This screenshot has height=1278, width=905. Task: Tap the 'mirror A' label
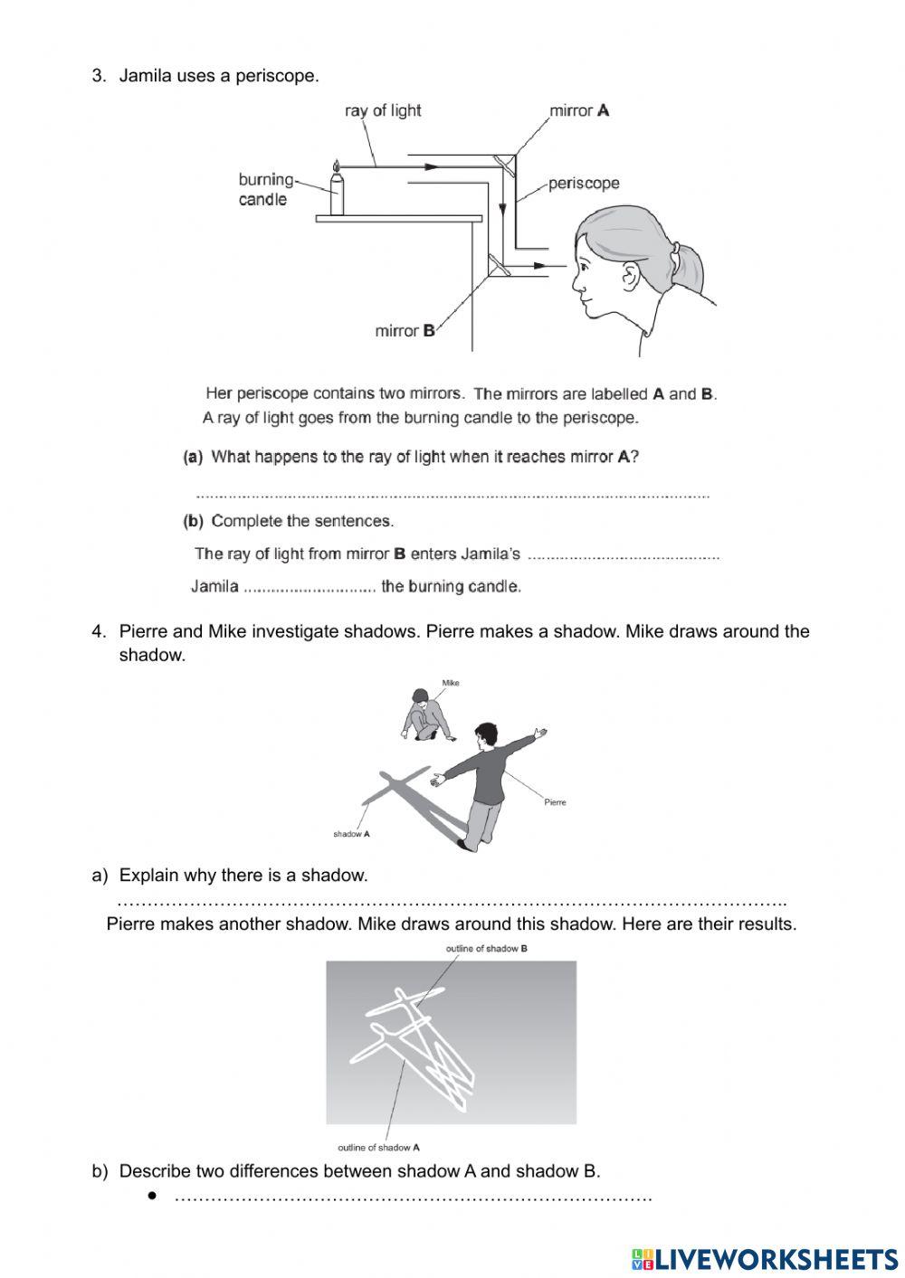tap(579, 111)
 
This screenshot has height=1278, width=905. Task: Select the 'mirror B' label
tap(405, 331)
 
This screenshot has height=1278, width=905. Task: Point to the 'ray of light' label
tap(383, 110)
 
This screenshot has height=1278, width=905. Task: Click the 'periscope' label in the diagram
tap(584, 184)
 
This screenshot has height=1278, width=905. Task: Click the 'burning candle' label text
tap(265, 190)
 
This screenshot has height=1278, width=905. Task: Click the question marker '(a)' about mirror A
tap(193, 458)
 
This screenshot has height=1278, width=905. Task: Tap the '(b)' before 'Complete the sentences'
tap(193, 521)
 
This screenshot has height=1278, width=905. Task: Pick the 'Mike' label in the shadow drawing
tap(451, 683)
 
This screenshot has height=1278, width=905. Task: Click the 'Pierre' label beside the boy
tap(555, 802)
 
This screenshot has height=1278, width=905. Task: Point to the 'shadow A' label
tap(351, 834)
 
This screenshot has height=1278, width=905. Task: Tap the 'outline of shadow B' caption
tap(486, 949)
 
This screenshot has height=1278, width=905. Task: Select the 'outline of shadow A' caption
tap(378, 1148)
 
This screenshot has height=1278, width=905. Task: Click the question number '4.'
tap(99, 631)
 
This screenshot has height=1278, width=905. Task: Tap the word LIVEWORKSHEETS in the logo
tap(776, 1258)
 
